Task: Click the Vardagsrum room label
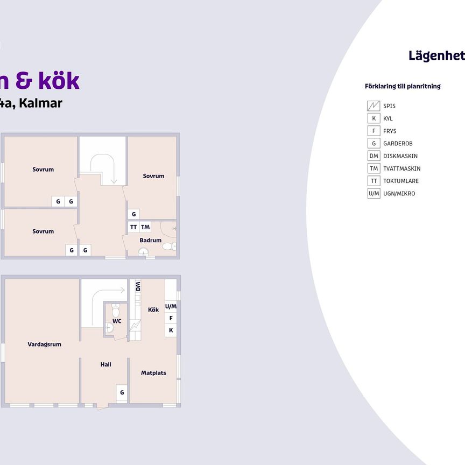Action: tap(44, 344)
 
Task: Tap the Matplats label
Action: tap(153, 373)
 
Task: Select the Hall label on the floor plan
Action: tap(106, 364)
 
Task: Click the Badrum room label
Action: tap(150, 240)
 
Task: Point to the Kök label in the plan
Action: tap(153, 309)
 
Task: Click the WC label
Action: tap(117, 321)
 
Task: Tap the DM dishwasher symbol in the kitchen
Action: tap(138, 286)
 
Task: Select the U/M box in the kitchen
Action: tap(171, 306)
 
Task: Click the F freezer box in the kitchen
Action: tap(171, 318)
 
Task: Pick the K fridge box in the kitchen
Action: tap(171, 330)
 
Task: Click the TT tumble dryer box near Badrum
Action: tap(133, 227)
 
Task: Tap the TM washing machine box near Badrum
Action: tap(145, 227)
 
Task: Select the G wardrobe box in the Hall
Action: tap(122, 392)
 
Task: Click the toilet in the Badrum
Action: tap(168, 246)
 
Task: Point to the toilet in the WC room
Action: tap(116, 310)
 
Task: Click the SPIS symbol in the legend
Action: tap(374, 106)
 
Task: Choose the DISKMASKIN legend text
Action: tap(402, 156)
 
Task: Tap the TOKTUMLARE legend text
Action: tap(401, 181)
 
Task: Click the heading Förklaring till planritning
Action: tap(403, 86)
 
